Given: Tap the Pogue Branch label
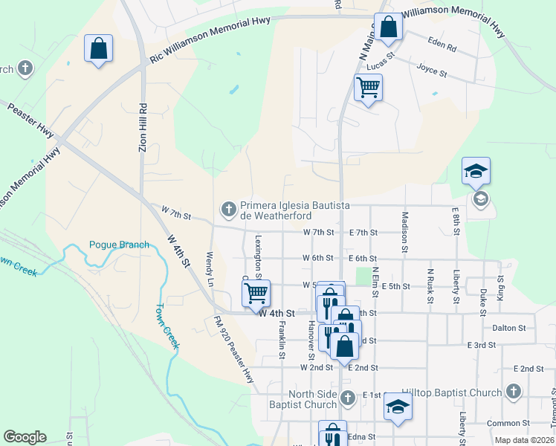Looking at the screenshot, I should coord(119,245).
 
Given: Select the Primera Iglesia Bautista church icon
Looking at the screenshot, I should coord(229,207).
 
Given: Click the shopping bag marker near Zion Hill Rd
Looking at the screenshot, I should coord(98,49).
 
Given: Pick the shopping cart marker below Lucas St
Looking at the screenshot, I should coord(368,88).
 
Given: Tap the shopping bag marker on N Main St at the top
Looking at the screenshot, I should coord(387,28).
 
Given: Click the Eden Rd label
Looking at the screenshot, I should coord(442,45).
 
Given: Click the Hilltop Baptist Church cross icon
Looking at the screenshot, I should coord(513,392).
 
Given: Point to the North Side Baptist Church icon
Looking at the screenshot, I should coord(347,399).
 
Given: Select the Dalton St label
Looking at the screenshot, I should coord(509,327).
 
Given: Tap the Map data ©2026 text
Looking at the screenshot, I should coord(524,440).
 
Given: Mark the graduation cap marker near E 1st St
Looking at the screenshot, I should coord(398,407).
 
